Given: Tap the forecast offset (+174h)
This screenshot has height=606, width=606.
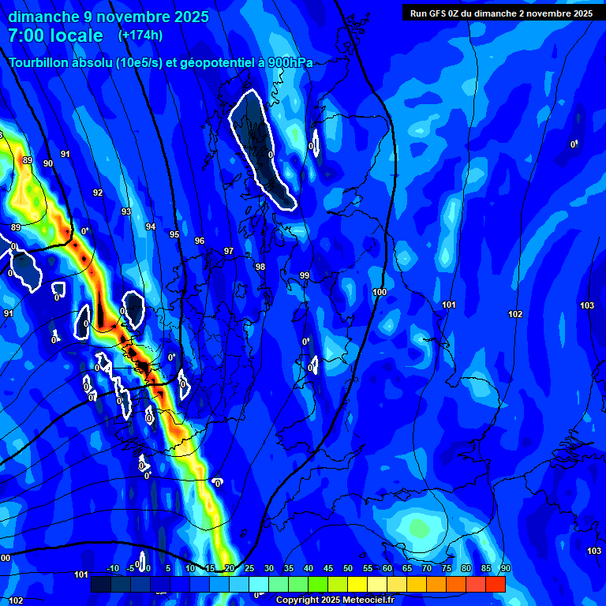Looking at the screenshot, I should coord(140,35).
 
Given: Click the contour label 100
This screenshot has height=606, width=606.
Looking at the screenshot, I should coord(380,292).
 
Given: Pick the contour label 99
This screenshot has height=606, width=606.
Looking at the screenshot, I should coord(305,275).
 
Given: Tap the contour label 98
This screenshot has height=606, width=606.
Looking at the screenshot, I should coord(260,267).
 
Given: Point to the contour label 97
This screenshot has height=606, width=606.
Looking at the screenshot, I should coord(229,251).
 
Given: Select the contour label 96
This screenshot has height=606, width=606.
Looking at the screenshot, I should coord(200,241).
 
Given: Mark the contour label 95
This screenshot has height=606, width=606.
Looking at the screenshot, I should coord(174,234).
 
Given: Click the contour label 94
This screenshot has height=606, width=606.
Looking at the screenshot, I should coord(151,226).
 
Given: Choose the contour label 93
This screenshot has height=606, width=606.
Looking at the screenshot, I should coord(126,211).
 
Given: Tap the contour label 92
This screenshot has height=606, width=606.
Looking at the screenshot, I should coord(98,193).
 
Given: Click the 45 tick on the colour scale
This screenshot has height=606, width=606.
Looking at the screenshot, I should coord(328,569).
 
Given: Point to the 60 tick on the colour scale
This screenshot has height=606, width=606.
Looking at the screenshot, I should coord(387,569).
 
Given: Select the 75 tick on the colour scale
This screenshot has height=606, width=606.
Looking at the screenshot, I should coord(447,569).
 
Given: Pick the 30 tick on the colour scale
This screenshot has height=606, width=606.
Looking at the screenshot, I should coord(269,569).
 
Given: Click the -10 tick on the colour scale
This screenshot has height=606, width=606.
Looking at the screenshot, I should coord(113,569).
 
